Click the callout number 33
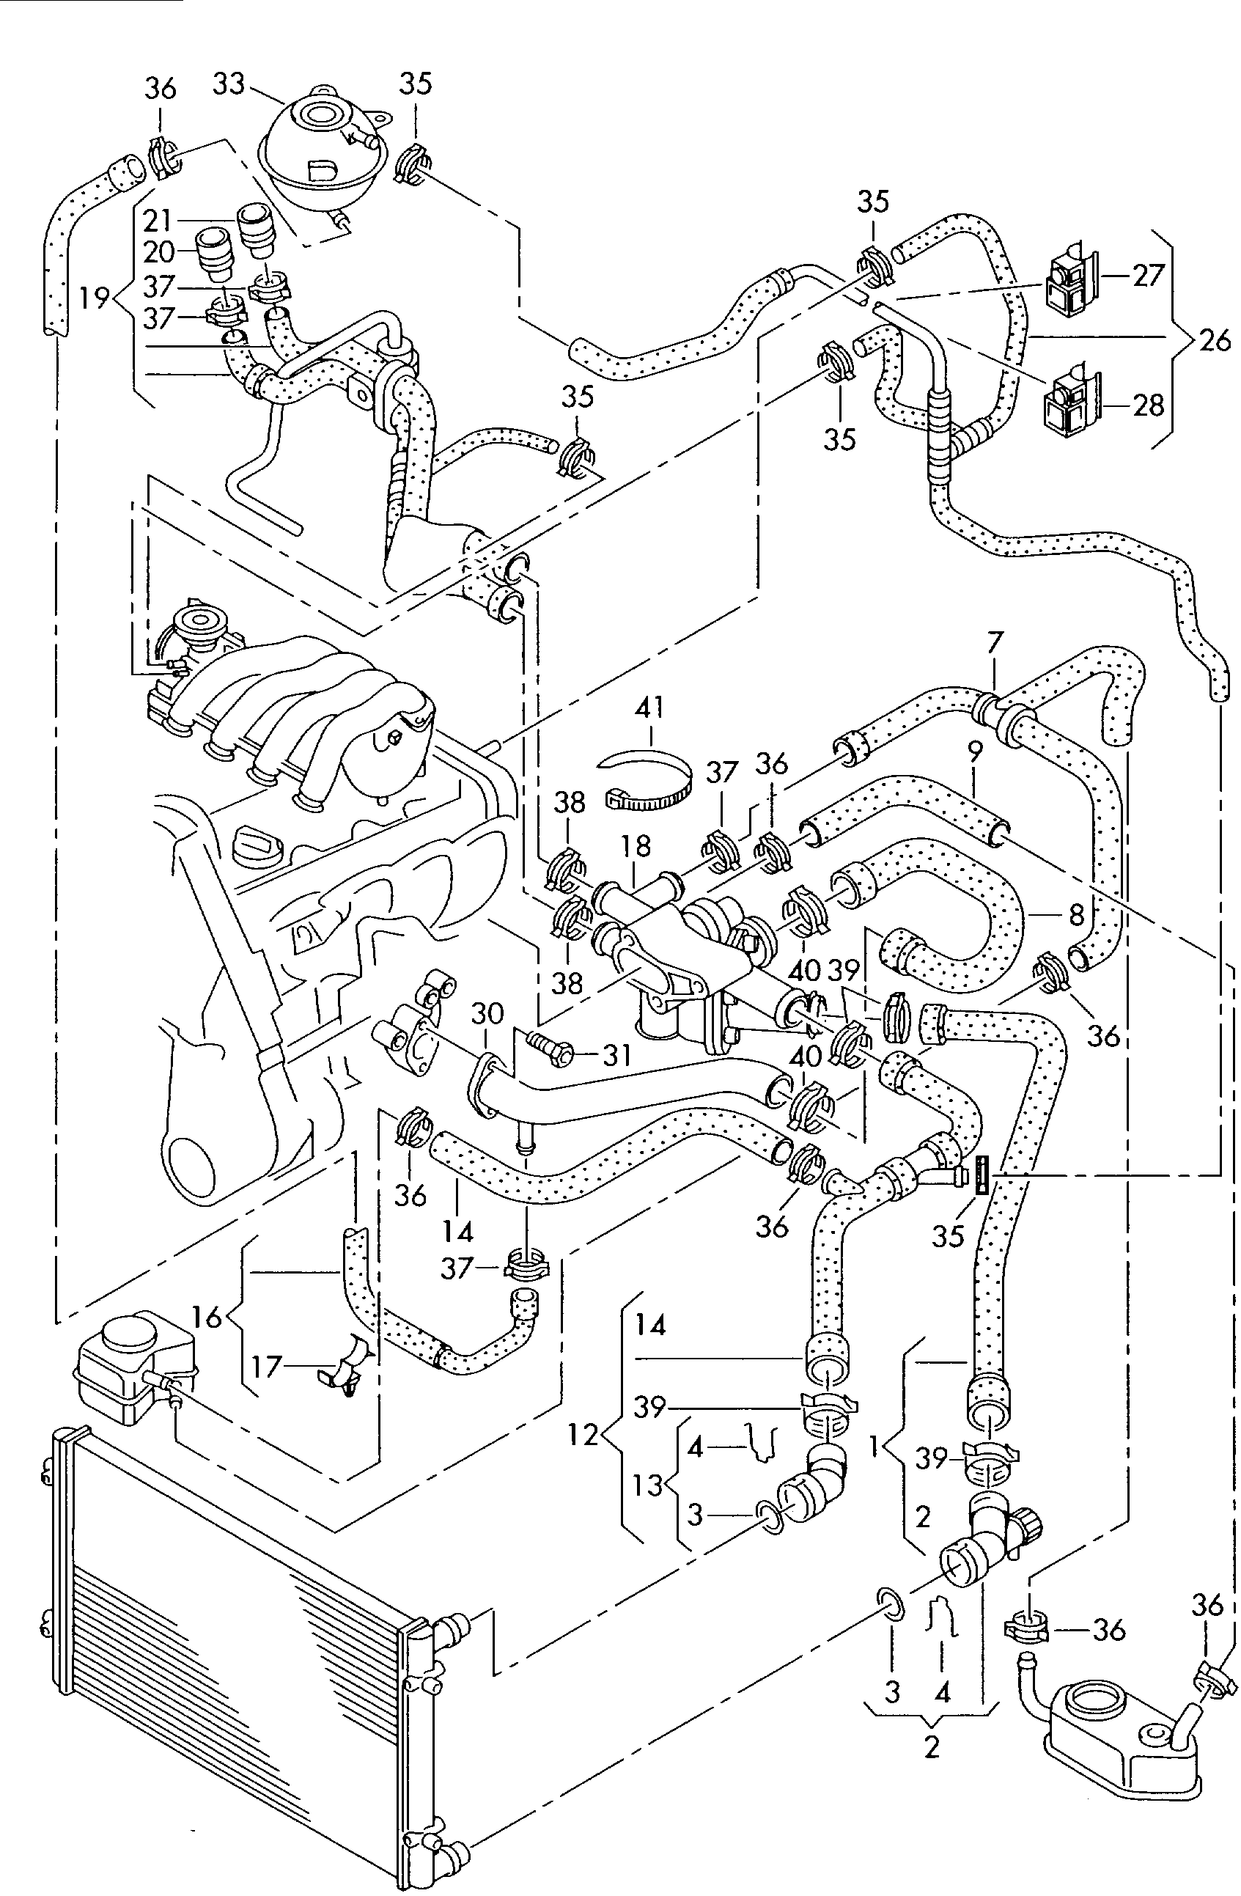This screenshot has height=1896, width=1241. tap(229, 84)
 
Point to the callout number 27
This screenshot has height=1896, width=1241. tap(1149, 276)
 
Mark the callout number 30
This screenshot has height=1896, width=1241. tap(487, 1013)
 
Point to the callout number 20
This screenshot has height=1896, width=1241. tap(160, 251)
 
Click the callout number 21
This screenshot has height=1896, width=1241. tap(160, 219)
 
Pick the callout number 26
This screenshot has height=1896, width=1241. tap(1213, 341)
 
